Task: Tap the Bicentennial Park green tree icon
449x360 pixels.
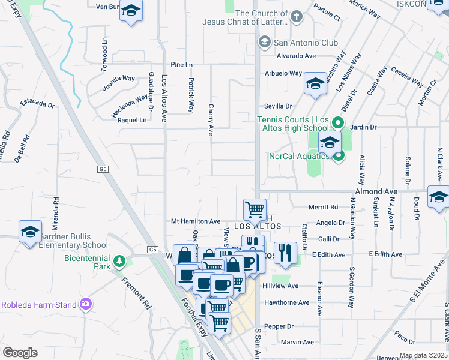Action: (x=120, y=261)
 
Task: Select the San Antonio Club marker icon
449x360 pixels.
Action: (x=264, y=42)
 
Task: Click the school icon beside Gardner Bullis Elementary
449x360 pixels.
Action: (x=29, y=232)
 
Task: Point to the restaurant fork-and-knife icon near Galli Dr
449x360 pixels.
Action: (x=285, y=252)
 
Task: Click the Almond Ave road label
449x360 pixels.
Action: (x=376, y=191)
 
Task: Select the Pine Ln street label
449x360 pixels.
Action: (x=181, y=64)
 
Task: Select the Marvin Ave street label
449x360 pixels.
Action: (x=297, y=343)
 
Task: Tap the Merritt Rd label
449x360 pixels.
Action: (x=323, y=207)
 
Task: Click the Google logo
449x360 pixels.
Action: (x=20, y=352)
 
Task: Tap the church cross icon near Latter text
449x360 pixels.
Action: (x=296, y=18)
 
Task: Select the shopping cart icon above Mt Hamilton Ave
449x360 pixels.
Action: (x=255, y=209)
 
